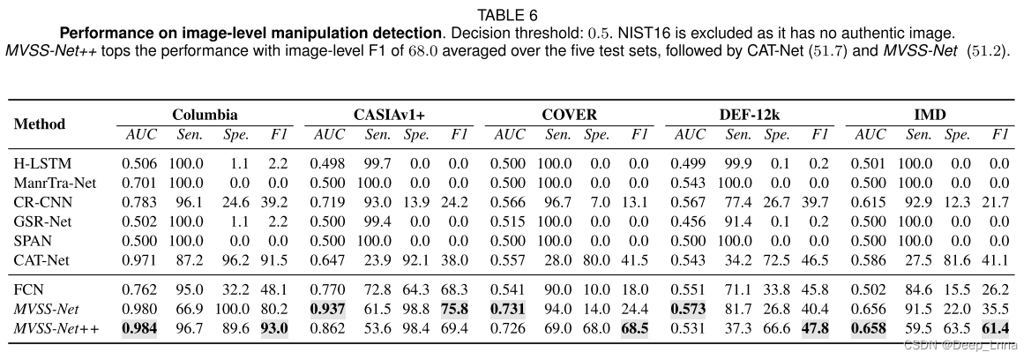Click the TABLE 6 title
pos(515,15)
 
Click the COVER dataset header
pos(570,115)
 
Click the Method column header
pos(40,124)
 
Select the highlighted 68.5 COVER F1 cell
pos(637,327)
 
